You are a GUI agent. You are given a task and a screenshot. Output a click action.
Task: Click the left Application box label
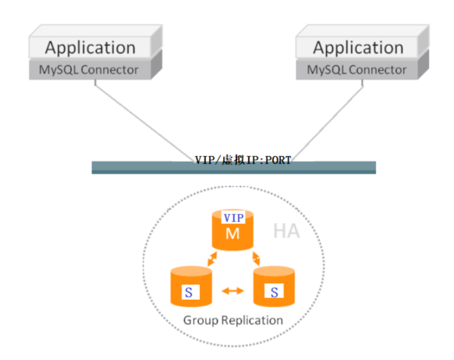pyautogui.click(x=90, y=47)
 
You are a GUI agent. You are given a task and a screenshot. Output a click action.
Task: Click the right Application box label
pyautogui.click(x=358, y=47)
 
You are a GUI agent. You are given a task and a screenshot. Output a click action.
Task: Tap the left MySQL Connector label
pyautogui.click(x=89, y=69)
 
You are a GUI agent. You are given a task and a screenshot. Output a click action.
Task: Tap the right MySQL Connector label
pyautogui.click(x=357, y=69)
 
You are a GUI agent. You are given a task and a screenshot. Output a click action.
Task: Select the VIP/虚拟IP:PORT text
pyautogui.click(x=243, y=160)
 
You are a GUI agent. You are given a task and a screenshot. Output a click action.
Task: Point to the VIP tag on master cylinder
pyautogui.click(x=233, y=217)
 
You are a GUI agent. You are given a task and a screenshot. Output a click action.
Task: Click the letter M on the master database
pyautogui.click(x=232, y=233)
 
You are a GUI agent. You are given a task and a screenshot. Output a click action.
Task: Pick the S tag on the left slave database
pyautogui.click(x=188, y=293)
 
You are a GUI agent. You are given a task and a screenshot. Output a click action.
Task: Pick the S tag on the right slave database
pyautogui.click(x=274, y=293)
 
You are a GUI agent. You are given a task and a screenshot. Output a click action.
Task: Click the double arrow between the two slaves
pyautogui.click(x=232, y=290)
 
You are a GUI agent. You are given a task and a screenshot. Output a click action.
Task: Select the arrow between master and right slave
pyautogui.click(x=255, y=258)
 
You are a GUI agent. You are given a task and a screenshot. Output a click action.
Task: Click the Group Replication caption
pyautogui.click(x=233, y=320)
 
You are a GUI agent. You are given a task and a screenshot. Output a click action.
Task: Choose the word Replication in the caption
pyautogui.click(x=252, y=320)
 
